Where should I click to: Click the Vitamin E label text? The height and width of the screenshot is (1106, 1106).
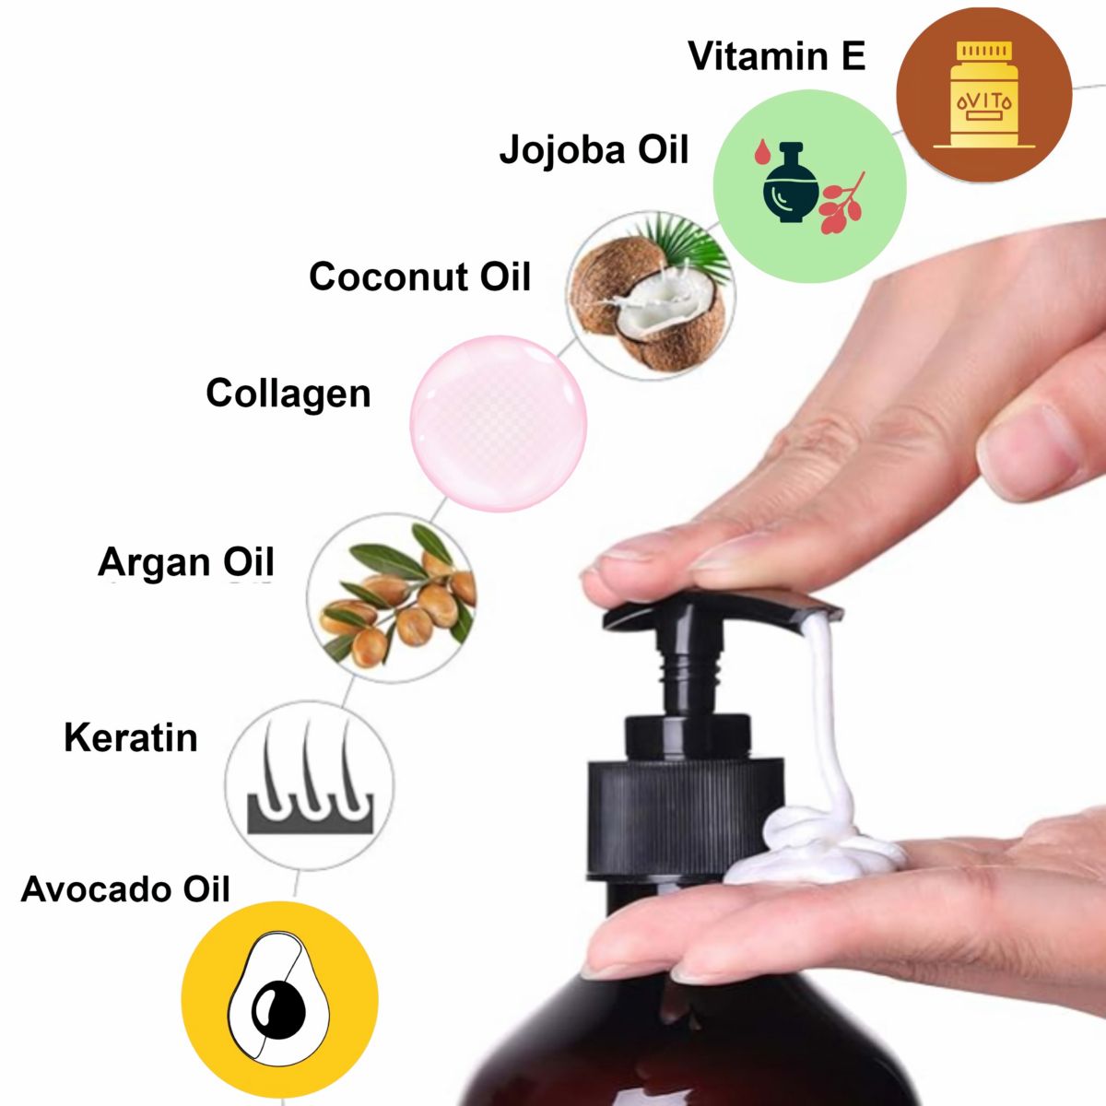point(777,56)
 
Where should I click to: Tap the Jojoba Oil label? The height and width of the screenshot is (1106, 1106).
point(594,150)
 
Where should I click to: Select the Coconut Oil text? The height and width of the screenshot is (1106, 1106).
point(419,276)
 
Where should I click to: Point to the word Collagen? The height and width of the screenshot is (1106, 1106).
point(288,394)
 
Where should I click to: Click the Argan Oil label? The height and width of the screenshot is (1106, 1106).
point(186,561)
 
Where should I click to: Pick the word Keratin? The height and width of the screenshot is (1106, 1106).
point(131,737)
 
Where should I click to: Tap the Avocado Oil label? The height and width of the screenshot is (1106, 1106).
point(125,889)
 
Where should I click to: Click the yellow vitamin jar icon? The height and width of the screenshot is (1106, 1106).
point(984,94)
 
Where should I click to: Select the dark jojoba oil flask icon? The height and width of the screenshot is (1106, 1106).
point(791,183)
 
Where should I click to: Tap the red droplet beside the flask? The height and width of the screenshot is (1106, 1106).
point(762,151)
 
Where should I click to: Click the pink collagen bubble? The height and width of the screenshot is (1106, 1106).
point(499,424)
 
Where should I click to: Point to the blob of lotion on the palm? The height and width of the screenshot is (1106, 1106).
point(815,848)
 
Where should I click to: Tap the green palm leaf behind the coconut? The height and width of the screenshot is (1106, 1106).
point(686,244)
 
